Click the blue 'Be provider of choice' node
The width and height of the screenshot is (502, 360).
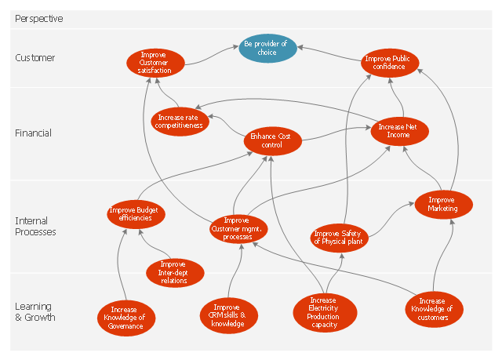268,49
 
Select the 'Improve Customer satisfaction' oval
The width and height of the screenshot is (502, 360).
155,63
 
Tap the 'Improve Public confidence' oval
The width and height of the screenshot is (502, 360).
390,62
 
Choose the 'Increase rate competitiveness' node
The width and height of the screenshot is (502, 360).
179,120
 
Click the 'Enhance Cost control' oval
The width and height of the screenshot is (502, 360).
271,140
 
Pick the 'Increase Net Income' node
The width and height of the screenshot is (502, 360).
400,131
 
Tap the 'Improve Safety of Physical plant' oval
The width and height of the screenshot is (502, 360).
340,237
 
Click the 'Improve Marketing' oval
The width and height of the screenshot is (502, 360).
443,204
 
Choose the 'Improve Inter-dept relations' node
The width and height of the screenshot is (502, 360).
173,272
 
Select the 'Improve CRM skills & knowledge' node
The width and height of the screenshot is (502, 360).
228,314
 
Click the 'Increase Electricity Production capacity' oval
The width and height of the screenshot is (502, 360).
322,311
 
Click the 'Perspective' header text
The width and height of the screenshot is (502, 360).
38,18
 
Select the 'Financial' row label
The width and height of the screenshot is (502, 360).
33,133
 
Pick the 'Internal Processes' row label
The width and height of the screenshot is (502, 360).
35,227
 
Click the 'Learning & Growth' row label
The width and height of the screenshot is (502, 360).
35,311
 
